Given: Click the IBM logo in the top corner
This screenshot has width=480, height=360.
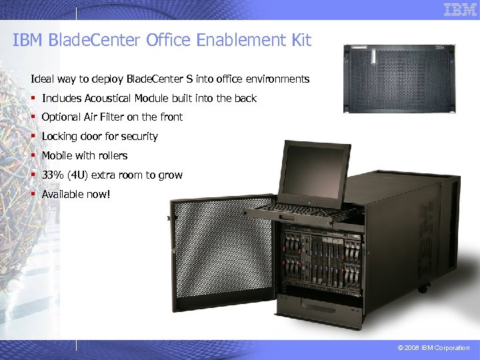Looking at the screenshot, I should (460, 10).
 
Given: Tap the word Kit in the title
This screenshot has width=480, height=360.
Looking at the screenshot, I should (300, 41).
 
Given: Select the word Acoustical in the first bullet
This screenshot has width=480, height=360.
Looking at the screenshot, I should (109, 98).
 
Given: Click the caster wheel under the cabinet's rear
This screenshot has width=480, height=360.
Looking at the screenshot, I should (422, 289).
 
